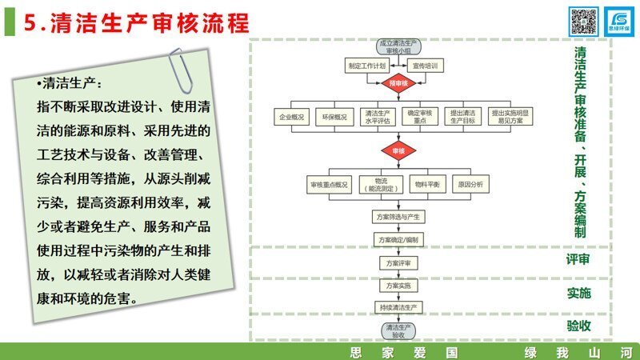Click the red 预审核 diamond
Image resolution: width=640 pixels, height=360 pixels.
[x=398, y=82]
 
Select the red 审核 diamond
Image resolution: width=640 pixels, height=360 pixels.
[x=398, y=150]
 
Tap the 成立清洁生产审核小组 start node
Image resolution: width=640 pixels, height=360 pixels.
[x=398, y=45]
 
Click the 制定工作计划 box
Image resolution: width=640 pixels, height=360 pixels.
[x=367, y=64]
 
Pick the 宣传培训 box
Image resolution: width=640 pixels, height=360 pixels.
[x=429, y=64]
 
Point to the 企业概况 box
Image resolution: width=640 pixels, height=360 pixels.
[x=292, y=117]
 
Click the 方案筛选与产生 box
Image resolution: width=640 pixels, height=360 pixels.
[x=398, y=217]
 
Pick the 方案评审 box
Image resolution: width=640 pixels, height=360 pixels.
[x=398, y=262]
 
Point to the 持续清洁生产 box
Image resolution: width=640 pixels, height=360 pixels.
[x=398, y=307]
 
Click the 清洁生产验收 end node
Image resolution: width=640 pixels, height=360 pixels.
[x=398, y=330]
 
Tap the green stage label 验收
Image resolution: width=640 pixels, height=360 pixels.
[x=578, y=325]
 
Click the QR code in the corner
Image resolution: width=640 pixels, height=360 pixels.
[x=583, y=19]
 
